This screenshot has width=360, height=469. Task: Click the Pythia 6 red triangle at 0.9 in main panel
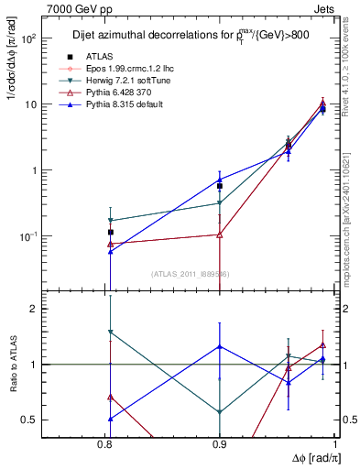click(x=220, y=234)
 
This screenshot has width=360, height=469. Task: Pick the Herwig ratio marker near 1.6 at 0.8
click(x=110, y=332)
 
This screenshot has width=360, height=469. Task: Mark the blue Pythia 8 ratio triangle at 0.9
click(x=220, y=346)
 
